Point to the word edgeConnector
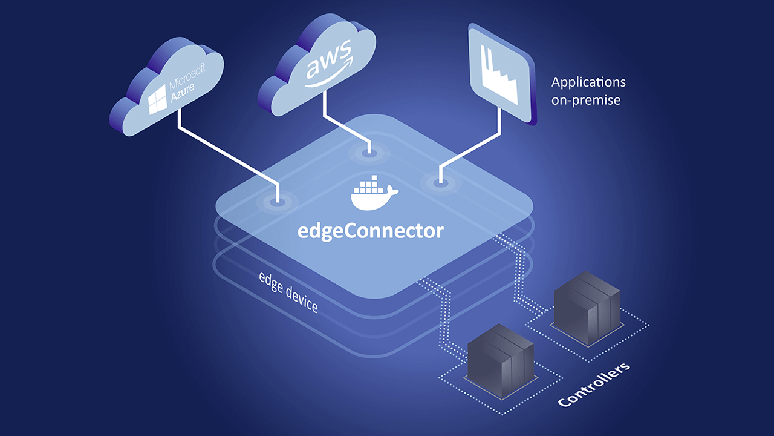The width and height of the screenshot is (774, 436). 371,231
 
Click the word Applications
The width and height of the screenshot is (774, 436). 588,82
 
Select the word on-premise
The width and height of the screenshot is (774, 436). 586,100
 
